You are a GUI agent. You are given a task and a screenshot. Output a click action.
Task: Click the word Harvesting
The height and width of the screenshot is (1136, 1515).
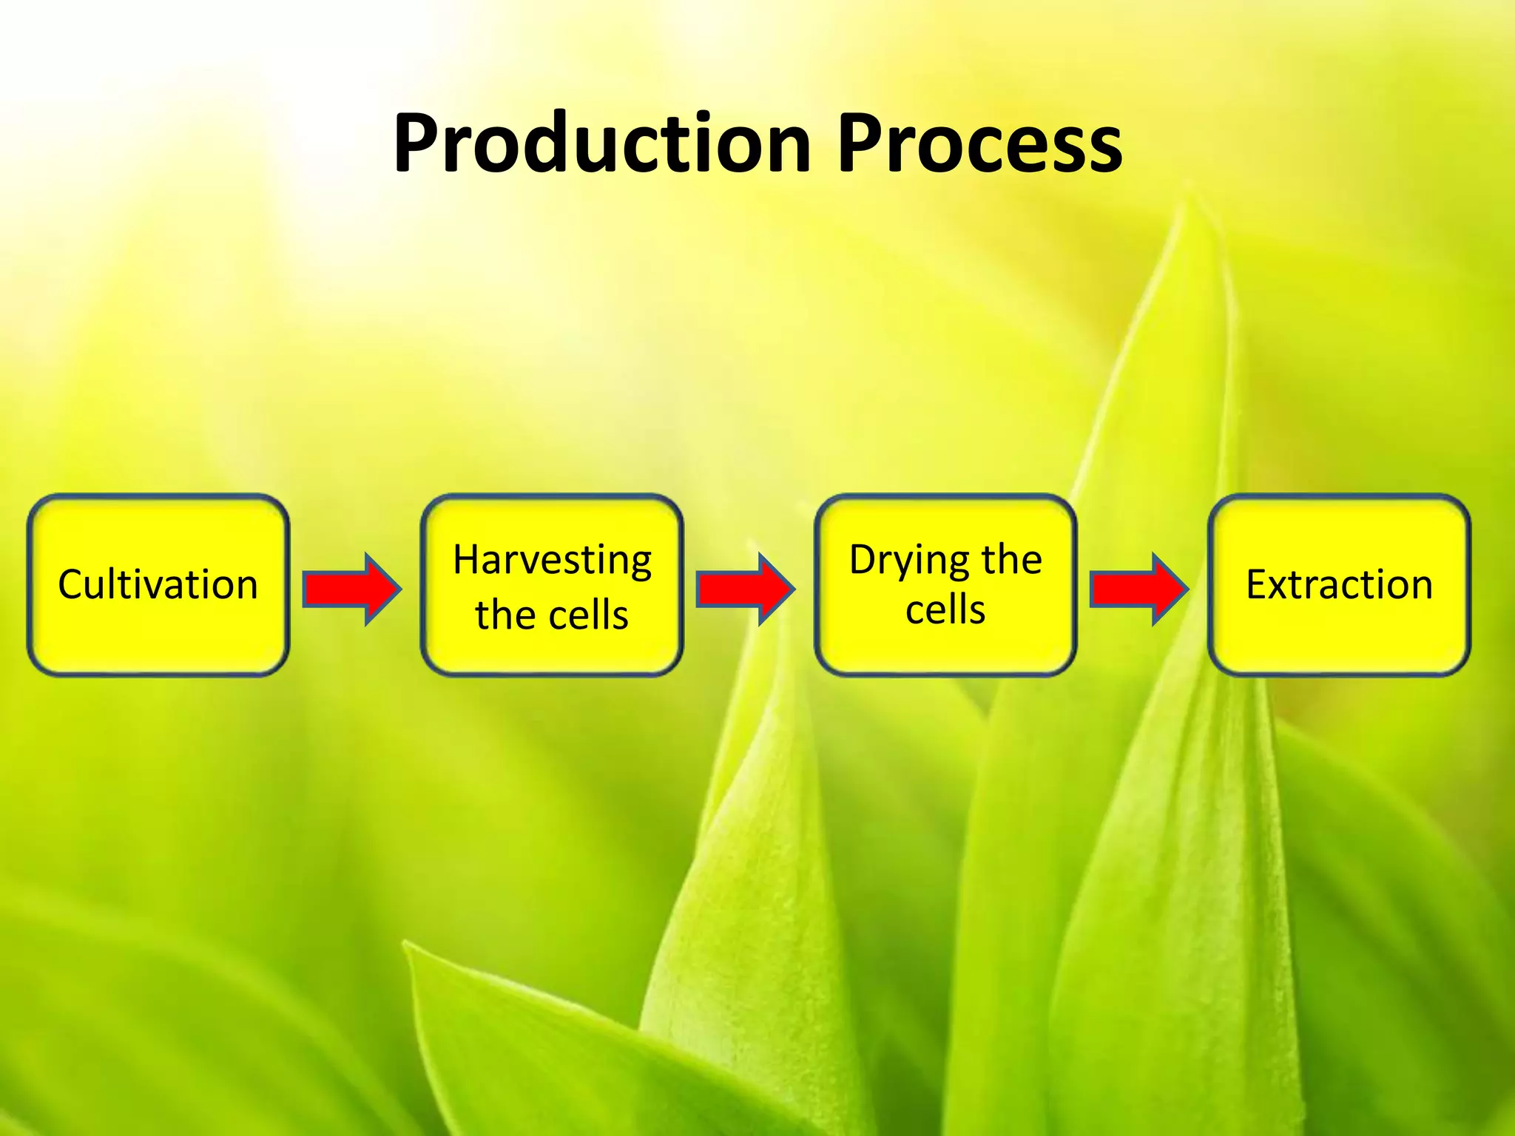coord(552,560)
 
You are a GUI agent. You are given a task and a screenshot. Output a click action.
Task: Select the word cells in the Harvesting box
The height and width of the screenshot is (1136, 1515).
coord(588,615)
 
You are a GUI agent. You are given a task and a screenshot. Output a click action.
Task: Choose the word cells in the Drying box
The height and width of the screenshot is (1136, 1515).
coord(945,610)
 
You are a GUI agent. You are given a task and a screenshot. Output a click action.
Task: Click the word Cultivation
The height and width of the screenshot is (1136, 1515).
coord(158,584)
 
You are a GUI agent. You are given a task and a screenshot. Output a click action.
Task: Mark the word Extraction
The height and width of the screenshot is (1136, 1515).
coord(1339,584)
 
